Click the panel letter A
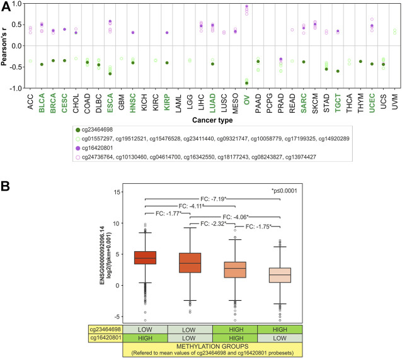[6, 6]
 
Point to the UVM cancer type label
[394, 100]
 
